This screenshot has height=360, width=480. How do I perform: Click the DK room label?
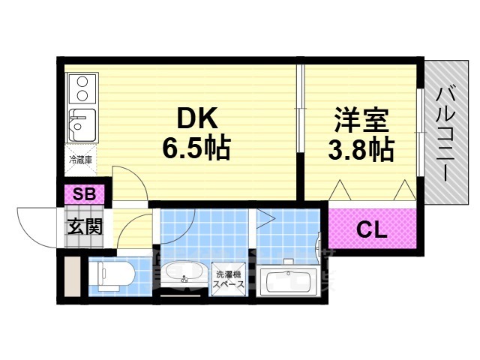point(196,119)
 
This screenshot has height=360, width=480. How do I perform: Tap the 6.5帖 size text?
point(196,147)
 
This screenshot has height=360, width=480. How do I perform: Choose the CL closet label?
point(371,229)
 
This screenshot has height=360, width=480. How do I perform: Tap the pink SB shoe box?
point(84,194)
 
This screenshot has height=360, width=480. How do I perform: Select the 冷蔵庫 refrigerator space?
point(80,160)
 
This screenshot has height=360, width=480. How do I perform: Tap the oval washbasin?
point(181,275)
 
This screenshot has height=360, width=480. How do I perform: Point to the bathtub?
point(288,281)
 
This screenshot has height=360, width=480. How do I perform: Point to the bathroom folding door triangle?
point(266,219)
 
